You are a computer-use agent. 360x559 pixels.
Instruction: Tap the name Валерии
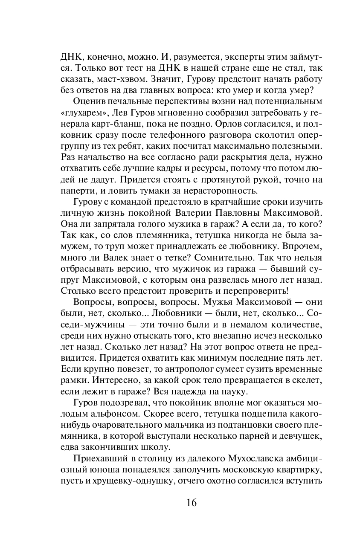194,212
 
